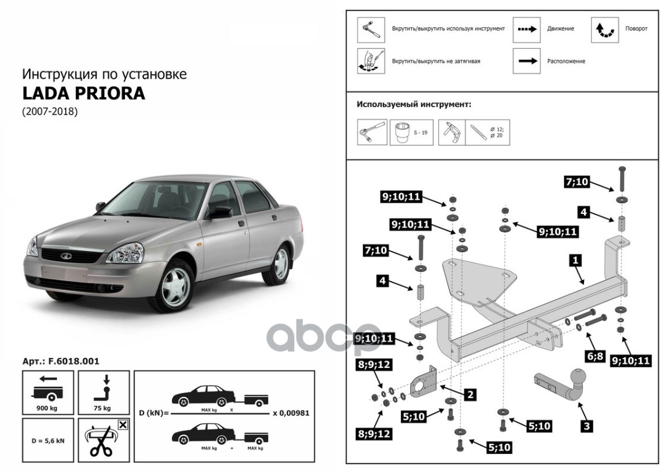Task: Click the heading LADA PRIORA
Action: pyautogui.click(x=84, y=94)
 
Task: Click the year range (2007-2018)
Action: pyautogui.click(x=50, y=112)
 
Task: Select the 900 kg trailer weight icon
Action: pyautogui.click(x=48, y=392)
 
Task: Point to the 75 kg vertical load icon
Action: pyautogui.click(x=104, y=392)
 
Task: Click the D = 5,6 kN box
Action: pyautogui.click(x=48, y=440)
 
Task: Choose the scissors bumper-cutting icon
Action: pyautogui.click(x=104, y=440)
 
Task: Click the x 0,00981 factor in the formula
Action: pyautogui.click(x=291, y=413)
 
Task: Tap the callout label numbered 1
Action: pyautogui.click(x=576, y=260)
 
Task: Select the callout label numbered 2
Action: pyautogui.click(x=470, y=394)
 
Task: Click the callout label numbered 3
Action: pyautogui.click(x=586, y=426)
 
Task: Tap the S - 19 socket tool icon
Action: pyautogui.click(x=411, y=132)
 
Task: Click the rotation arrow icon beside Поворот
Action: pyautogui.click(x=605, y=30)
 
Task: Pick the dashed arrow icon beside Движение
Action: pyautogui.click(x=527, y=30)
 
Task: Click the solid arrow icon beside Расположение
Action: pyautogui.click(x=527, y=60)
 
